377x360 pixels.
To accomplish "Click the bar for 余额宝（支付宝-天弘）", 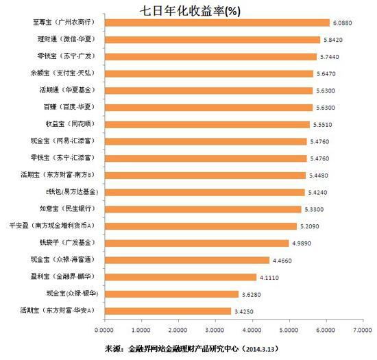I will click(x=206, y=73).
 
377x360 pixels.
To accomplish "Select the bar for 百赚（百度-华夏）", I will click(x=205, y=107).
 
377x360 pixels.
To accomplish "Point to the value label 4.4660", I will click(x=284, y=260).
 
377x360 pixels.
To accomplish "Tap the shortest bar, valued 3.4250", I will click(x=165, y=311).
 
